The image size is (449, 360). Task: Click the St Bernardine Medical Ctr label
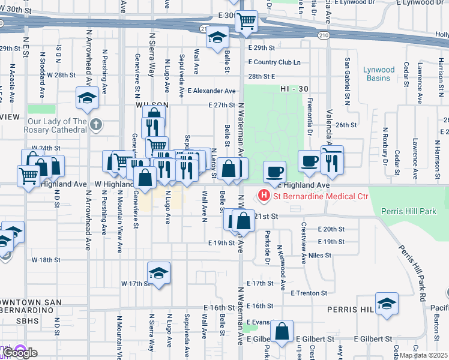click(x=319, y=196)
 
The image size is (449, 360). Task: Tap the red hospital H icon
click(x=263, y=196)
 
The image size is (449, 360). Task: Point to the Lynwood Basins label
click(x=379, y=74)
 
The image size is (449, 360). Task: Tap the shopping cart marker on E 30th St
click(x=246, y=22)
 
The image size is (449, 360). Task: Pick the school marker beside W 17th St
click(x=158, y=274)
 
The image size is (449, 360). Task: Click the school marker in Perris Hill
click(x=387, y=304)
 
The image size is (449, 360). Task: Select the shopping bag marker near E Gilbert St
click(x=282, y=331)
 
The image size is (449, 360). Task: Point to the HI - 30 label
click(x=294, y=89)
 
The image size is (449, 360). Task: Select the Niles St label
click(x=320, y=255)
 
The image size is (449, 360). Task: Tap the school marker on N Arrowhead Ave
click(x=87, y=98)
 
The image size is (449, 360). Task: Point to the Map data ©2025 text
click(x=424, y=355)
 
